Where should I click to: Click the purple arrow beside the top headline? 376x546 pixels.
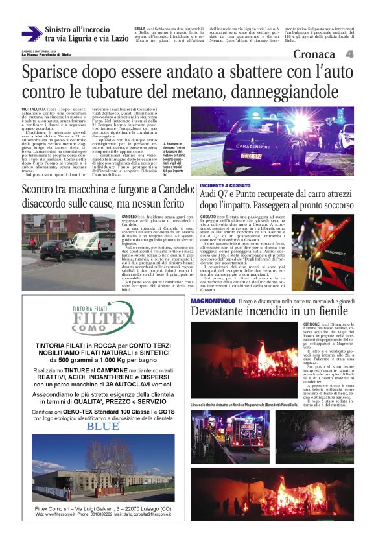pos(31,34)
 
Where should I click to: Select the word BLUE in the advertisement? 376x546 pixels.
pos(103,427)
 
